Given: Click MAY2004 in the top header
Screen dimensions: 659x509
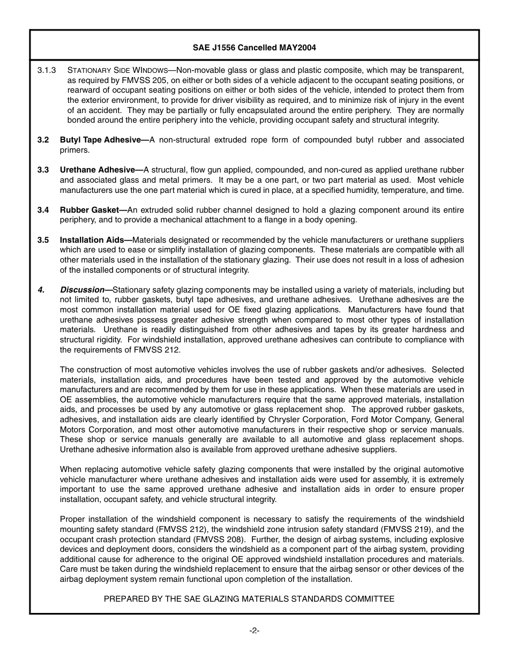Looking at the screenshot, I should [x=297, y=48].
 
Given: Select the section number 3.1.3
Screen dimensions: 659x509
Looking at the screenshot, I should [x=47, y=70].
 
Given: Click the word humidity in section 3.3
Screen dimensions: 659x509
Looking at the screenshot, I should [x=354, y=190].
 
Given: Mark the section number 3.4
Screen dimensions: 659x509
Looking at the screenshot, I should [x=43, y=210].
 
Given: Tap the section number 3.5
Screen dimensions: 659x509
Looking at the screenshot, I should [x=43, y=240].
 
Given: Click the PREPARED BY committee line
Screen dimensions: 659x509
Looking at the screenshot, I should [x=249, y=599].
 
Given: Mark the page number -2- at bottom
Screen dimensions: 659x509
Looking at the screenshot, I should [x=254, y=631].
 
